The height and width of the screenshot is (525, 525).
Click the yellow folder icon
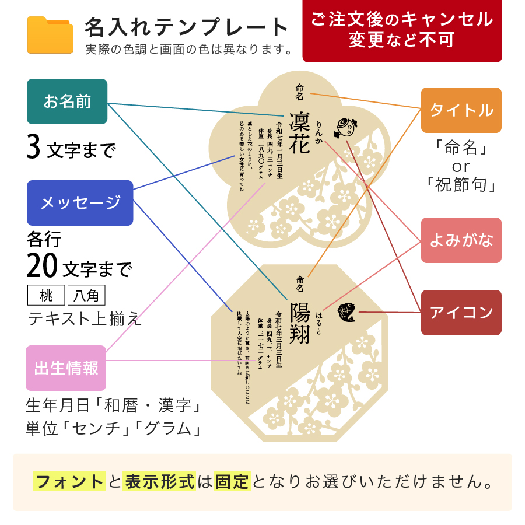[x=50, y=35]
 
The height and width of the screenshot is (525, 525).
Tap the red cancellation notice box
[x=402, y=30]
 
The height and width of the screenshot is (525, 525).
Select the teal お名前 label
[x=67, y=101]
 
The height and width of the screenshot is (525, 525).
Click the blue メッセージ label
[x=80, y=202]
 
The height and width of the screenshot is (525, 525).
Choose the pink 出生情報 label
[x=66, y=368]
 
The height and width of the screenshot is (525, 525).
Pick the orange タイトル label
[x=461, y=110]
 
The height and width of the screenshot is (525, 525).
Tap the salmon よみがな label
[x=461, y=240]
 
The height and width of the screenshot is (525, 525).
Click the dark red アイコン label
[x=461, y=313]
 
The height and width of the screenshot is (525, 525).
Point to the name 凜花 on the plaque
[x=299, y=134]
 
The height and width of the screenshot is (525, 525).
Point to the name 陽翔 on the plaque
[x=299, y=323]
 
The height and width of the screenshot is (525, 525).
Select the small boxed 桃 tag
[x=46, y=296]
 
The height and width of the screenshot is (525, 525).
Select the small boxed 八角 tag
[x=86, y=296]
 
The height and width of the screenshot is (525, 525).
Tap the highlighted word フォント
[x=69, y=482]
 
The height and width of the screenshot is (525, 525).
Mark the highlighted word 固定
[x=232, y=482]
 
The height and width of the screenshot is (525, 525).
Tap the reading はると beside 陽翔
[x=318, y=323]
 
